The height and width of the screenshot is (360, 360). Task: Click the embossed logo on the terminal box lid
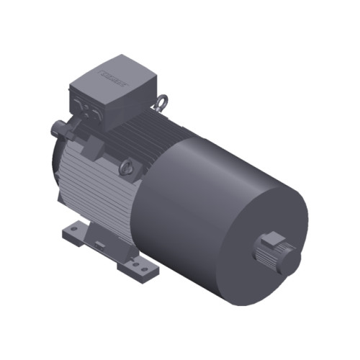[x=114, y=73]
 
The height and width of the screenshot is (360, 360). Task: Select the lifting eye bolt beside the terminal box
[x=162, y=103]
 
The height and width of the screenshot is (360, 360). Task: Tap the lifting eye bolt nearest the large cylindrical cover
[x=127, y=169]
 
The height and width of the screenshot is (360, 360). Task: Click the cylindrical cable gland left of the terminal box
[x=59, y=130]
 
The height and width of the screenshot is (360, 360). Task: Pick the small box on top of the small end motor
[x=272, y=239]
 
